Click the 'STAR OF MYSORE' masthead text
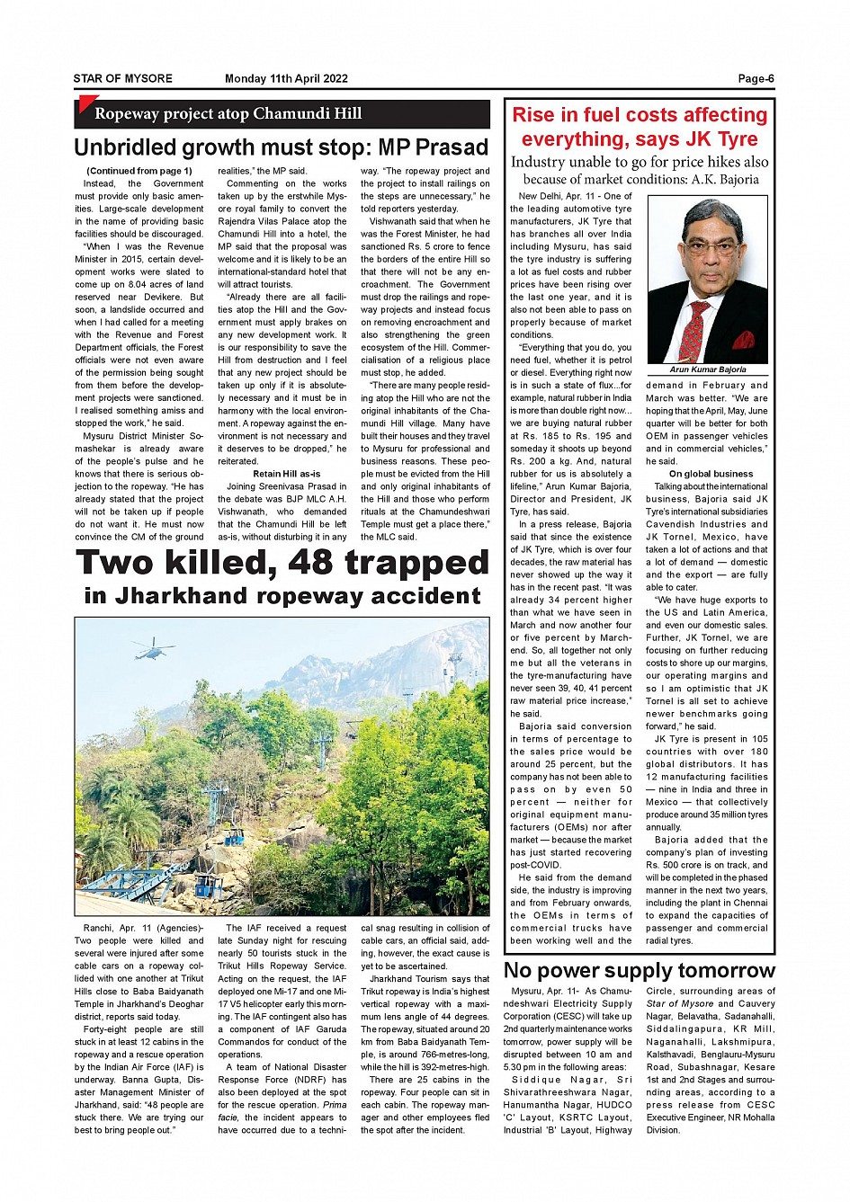(123, 79)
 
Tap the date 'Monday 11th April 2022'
(286, 79)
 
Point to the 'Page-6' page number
(756, 79)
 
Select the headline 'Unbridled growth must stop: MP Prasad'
(281, 147)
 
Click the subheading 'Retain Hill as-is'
(287, 474)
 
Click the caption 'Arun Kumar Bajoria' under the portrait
(708, 370)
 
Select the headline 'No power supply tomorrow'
(639, 971)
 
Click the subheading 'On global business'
(711, 474)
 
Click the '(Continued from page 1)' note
(139, 171)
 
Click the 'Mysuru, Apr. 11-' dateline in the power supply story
(548, 991)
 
